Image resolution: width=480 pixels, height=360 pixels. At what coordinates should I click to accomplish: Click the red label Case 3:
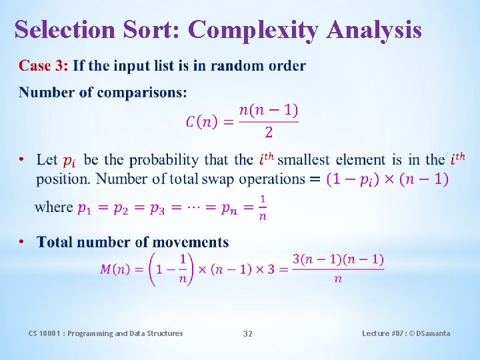pyautogui.click(x=43, y=66)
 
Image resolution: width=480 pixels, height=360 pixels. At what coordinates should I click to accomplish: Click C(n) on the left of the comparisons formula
pyautogui.click(x=200, y=121)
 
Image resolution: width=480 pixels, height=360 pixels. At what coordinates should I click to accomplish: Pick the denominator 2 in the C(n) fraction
pyautogui.click(x=269, y=133)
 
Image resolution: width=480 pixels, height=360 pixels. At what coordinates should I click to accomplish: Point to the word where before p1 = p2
pyautogui.click(x=53, y=207)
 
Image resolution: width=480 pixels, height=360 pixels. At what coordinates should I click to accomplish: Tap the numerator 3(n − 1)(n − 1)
pyautogui.click(x=338, y=259)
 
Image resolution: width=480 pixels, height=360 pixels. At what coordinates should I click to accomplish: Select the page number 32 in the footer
pyautogui.click(x=247, y=333)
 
